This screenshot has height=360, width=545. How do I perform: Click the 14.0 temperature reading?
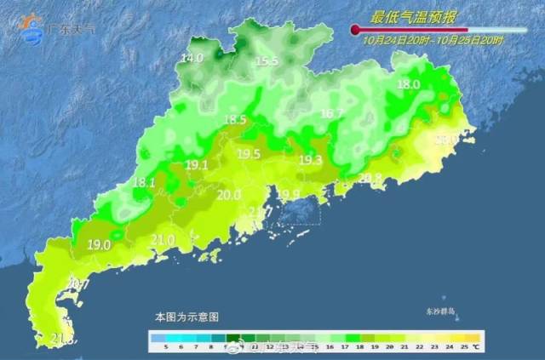(x=192, y=58)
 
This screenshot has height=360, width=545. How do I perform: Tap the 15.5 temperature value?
(x=267, y=61)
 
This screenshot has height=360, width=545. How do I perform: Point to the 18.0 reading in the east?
(x=409, y=84)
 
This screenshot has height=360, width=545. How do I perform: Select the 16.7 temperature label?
(x=331, y=113)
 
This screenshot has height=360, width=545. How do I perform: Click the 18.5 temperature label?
(x=234, y=121)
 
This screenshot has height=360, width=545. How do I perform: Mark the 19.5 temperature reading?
(x=249, y=154)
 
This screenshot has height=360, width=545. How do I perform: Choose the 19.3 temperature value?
(x=310, y=160)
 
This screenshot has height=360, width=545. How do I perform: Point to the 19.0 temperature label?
(x=99, y=244)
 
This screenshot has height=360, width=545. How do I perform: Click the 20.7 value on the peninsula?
(x=78, y=284)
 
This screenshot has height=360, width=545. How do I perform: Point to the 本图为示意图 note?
(x=186, y=316)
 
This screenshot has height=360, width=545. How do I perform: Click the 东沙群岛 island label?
(x=444, y=311)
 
